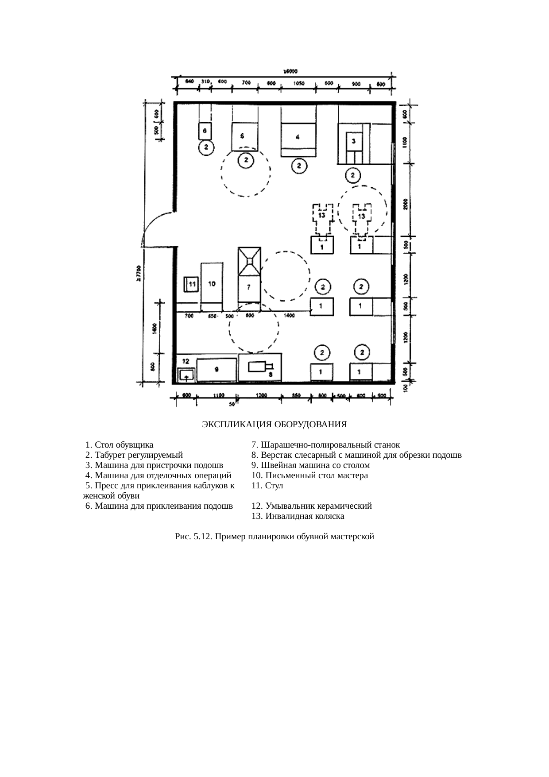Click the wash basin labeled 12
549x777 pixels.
click(187, 375)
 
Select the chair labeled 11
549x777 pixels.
click(192, 284)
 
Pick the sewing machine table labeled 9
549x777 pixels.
click(216, 370)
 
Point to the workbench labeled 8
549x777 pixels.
click(260, 367)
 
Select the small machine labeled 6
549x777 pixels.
click(205, 131)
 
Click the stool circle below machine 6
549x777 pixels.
click(206, 147)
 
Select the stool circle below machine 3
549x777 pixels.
click(353, 176)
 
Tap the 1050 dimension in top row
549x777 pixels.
click(298, 83)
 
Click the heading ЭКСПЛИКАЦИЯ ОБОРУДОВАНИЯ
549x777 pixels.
click(274, 425)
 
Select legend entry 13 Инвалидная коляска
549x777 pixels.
click(298, 516)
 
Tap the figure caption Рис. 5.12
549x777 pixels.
click(274, 537)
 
